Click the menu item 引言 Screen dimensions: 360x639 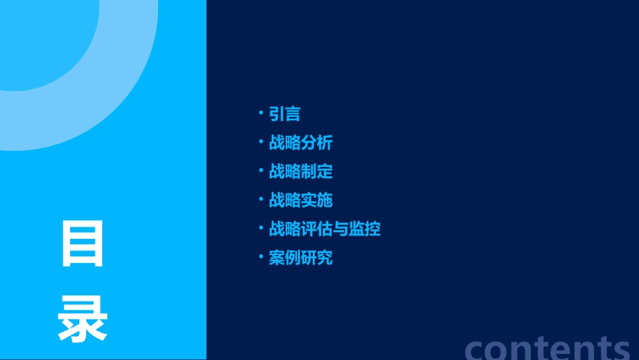285,114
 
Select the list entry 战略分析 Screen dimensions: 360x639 301,143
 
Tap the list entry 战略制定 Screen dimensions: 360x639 301,172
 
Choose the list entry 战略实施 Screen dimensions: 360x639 301,200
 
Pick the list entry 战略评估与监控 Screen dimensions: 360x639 325,229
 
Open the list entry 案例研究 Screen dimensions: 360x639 301,258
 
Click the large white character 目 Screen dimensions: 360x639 83,244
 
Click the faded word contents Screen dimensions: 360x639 548,347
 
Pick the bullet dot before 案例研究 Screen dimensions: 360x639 261,256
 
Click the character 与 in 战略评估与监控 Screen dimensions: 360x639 341,229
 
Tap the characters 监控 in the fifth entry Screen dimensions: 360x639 365,229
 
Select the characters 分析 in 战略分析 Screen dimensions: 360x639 317,143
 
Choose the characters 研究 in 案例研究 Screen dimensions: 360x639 317,258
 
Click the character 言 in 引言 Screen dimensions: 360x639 293,114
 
